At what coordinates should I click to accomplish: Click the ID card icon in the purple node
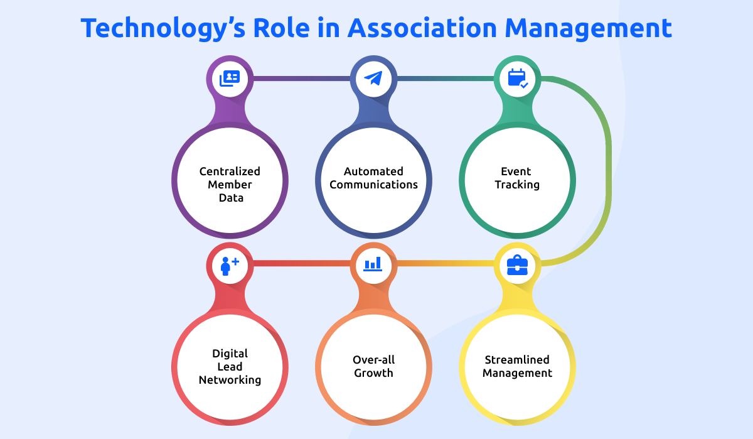pyautogui.click(x=230, y=79)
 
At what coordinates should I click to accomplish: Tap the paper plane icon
pyautogui.click(x=373, y=79)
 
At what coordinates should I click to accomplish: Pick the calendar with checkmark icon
pyautogui.click(x=518, y=79)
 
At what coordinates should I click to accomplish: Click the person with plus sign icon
pyautogui.click(x=230, y=265)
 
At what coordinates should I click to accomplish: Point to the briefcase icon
pyautogui.click(x=518, y=265)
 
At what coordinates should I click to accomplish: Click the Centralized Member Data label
pyautogui.click(x=230, y=184)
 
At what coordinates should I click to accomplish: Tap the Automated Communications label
pyautogui.click(x=373, y=178)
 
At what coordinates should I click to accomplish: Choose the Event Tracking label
pyautogui.click(x=517, y=178)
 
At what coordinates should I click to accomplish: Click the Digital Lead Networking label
pyautogui.click(x=230, y=366)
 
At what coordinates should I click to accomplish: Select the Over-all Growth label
pyautogui.click(x=373, y=366)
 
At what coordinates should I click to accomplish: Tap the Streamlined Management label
pyautogui.click(x=518, y=366)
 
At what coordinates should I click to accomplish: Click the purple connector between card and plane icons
pyautogui.click(x=301, y=79)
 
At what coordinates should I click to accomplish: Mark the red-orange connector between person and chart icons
pyautogui.click(x=301, y=263)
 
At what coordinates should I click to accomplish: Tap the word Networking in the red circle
pyautogui.click(x=230, y=379)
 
